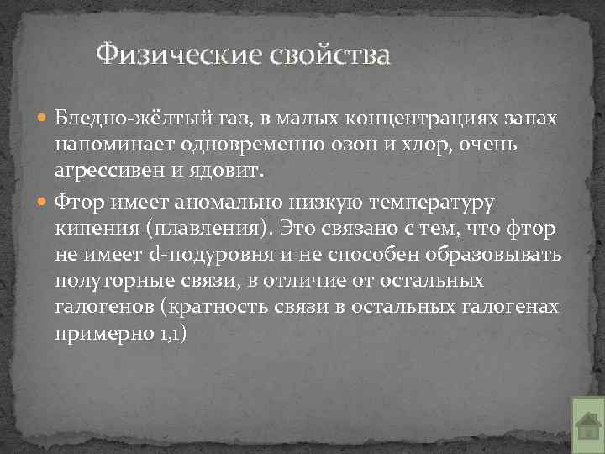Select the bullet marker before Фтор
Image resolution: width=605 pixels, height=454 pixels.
44,202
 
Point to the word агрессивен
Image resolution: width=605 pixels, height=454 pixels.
107,172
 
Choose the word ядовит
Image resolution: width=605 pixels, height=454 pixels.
233,172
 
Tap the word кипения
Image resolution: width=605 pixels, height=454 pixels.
93,229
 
